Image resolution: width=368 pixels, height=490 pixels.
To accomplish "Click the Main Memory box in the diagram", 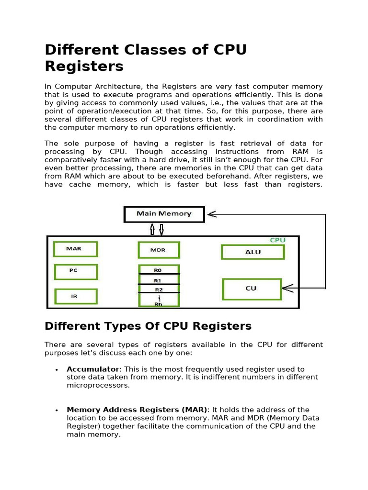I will (164, 214).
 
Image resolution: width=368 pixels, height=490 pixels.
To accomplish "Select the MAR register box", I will (76, 249).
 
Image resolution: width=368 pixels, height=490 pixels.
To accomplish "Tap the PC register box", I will (76, 272).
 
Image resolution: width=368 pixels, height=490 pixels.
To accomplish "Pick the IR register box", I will (76, 296).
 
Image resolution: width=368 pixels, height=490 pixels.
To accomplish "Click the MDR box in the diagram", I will (159, 250).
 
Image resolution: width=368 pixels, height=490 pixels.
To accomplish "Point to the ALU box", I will (253, 252).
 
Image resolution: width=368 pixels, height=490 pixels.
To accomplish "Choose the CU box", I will (252, 289).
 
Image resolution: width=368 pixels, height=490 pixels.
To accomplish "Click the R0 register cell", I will (159, 270).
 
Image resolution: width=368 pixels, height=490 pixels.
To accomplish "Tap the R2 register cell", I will (159, 289).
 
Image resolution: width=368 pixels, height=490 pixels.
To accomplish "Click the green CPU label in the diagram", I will (277, 240).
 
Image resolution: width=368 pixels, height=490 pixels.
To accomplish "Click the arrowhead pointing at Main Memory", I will (211, 214).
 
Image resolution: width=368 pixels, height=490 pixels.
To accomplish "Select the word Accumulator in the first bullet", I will (92, 369).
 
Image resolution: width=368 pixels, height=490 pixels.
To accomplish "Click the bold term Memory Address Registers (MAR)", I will (137, 410).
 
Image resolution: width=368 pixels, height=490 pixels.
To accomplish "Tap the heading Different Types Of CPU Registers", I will (148, 326).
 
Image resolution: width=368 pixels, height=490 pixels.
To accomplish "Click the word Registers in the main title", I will (84, 66).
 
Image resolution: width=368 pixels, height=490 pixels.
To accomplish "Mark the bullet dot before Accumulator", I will (57, 370).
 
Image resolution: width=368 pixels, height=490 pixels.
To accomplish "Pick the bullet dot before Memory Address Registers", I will (57, 411).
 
